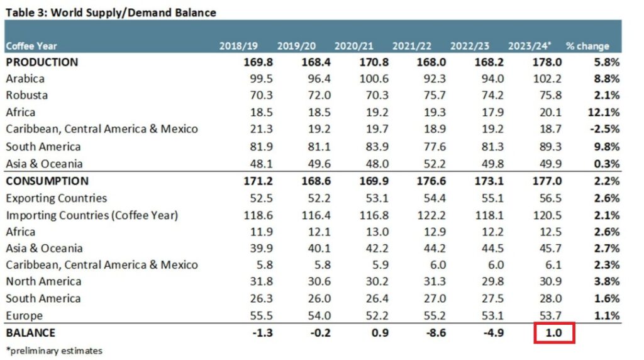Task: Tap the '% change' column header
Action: [587, 46]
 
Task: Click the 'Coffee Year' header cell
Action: [31, 46]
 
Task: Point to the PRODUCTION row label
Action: [42, 62]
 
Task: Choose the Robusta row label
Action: [26, 96]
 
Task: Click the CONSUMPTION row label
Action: [47, 181]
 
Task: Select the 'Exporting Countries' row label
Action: [56, 198]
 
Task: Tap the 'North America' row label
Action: [43, 281]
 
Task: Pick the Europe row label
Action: [24, 315]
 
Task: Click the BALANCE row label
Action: [30, 332]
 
